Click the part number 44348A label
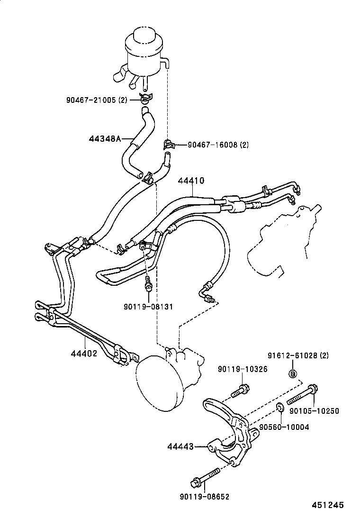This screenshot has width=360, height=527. point(105,139)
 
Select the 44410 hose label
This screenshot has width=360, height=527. point(191,181)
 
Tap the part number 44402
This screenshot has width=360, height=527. point(84,353)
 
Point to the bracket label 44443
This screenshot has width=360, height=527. point(180,446)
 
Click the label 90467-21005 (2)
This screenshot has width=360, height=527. point(96,100)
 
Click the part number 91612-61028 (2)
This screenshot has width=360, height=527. point(298,355)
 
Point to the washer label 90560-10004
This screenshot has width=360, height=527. point(284,427)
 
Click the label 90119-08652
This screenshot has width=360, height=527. point(204,497)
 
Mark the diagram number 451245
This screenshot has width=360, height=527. point(327,505)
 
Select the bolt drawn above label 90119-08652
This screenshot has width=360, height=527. point(204,477)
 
